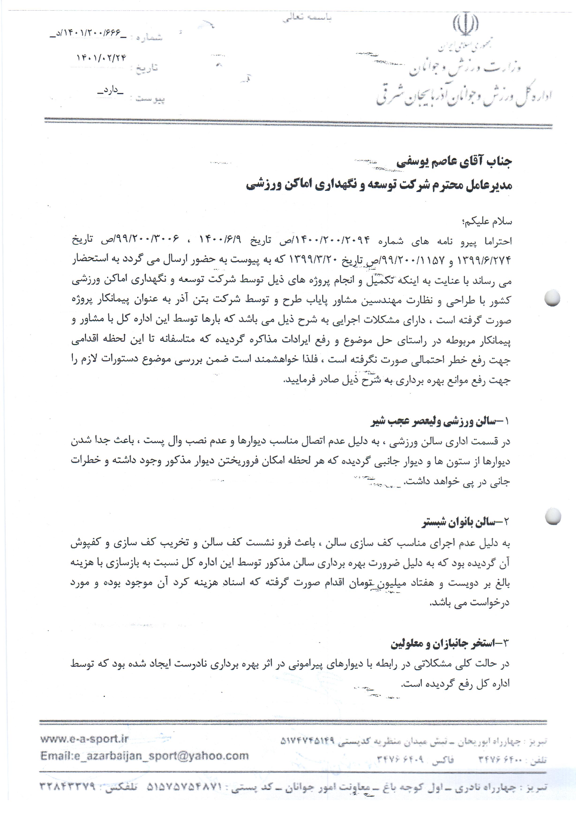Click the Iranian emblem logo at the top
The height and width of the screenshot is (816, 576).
pos(465,25)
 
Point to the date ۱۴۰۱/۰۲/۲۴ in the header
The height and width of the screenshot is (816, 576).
pos(102,58)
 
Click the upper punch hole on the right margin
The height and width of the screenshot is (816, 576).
pos(552,298)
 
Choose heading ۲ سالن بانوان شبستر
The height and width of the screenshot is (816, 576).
pos(466,522)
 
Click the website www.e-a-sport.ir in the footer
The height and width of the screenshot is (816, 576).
pos(84,739)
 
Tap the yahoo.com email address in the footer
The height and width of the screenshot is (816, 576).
pos(144,755)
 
